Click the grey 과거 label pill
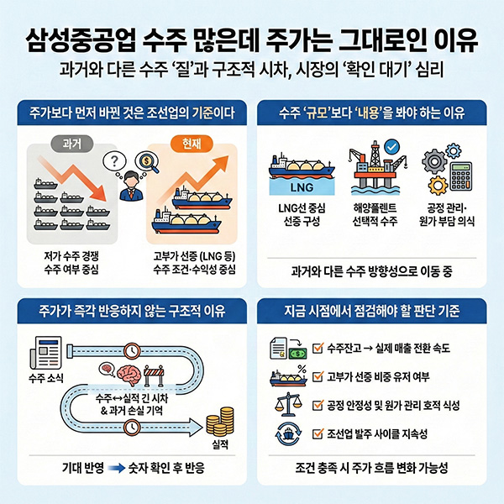coord(72,144)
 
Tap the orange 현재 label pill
coord(192,144)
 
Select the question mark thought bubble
coord(114,160)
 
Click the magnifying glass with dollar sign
coord(147,161)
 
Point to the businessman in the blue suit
coord(131,186)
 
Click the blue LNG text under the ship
coord(302,187)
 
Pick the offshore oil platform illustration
coord(374,168)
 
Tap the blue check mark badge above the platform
coord(391,147)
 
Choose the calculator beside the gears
coord(461,176)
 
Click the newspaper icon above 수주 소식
coord(45,353)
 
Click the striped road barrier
coord(154,375)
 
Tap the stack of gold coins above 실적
coord(220,422)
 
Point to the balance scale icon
coord(288,404)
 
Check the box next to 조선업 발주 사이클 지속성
coord(318,434)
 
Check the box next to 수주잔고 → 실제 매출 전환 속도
coord(318,348)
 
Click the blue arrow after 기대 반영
coord(117,468)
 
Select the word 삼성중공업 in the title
coord(81,41)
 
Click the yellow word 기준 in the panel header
coord(202,113)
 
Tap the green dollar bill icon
coord(297,354)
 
